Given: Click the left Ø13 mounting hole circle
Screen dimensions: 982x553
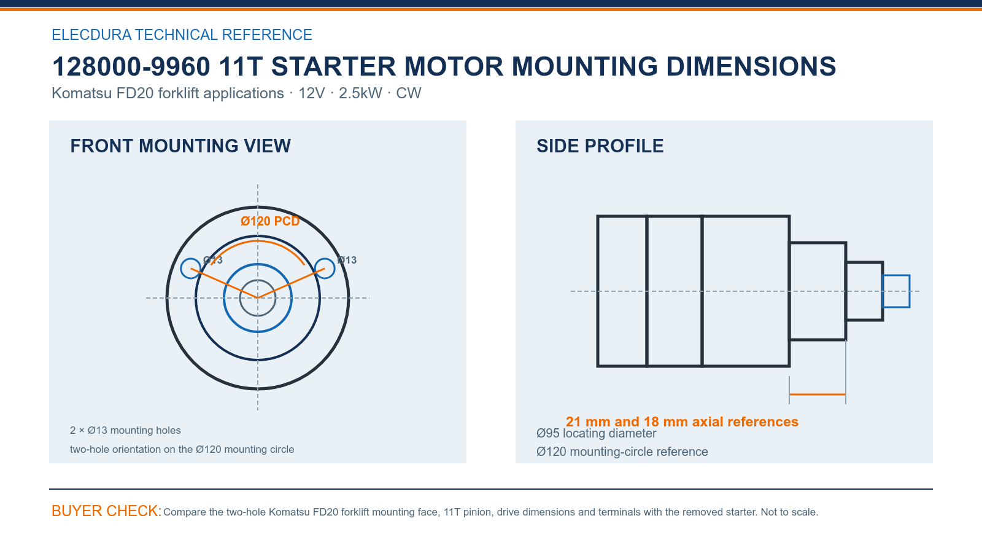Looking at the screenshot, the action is click(x=181, y=268).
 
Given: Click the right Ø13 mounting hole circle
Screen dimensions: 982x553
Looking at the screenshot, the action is click(x=334, y=268).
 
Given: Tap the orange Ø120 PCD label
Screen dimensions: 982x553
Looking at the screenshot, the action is click(x=270, y=221).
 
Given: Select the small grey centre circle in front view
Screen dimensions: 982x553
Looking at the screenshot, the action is click(x=240, y=298).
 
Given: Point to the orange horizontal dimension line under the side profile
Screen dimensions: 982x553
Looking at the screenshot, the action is click(x=817, y=394).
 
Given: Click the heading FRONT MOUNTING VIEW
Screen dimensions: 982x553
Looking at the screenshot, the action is click(x=180, y=146).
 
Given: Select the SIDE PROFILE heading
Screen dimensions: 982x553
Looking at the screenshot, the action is click(x=600, y=146).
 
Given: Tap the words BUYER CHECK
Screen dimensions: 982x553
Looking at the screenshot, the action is click(x=107, y=511).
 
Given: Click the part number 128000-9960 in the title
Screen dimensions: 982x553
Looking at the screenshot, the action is click(x=131, y=67).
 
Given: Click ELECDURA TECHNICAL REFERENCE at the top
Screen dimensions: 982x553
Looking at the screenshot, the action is click(x=182, y=34).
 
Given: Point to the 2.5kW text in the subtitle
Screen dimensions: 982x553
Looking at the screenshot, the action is click(x=360, y=93).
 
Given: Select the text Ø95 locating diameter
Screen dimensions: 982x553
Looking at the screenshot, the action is click(x=596, y=434).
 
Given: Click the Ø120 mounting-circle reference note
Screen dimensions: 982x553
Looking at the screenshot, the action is click(x=622, y=452).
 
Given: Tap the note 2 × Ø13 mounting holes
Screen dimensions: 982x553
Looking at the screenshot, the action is click(x=125, y=430).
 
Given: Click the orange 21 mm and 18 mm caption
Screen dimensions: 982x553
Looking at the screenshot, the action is click(x=682, y=422).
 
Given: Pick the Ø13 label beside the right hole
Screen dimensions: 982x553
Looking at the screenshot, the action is click(x=347, y=261).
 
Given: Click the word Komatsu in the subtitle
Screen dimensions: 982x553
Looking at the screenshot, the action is click(x=82, y=93).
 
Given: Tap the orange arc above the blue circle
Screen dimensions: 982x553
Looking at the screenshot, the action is click(x=258, y=241).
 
